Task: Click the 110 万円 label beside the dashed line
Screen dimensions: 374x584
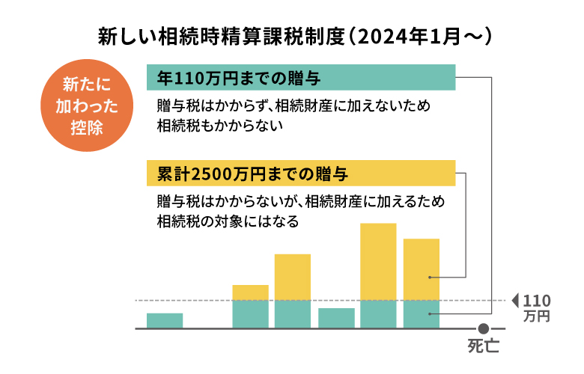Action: [x=537, y=307]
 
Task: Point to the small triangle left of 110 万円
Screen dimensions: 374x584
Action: [x=514, y=301]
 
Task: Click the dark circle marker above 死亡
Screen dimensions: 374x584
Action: [x=484, y=328]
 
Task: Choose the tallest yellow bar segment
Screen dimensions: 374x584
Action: [x=378, y=262]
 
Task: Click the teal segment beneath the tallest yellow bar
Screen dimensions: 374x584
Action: [x=378, y=314]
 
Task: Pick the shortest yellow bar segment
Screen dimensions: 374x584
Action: [x=250, y=292]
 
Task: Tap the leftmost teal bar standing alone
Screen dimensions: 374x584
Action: [x=165, y=320]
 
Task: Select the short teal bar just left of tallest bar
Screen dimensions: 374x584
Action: [x=336, y=318]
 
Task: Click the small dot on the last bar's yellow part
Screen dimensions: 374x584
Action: [x=430, y=278]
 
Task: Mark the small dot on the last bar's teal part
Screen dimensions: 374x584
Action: [x=430, y=315]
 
